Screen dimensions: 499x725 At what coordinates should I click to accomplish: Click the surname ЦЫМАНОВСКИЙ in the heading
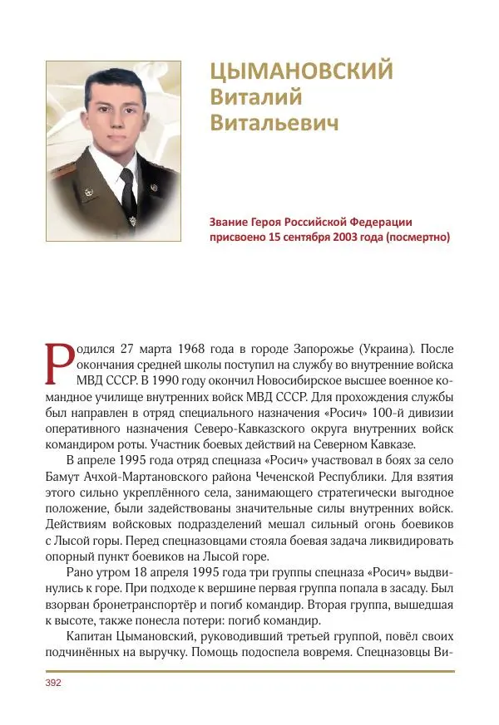pyautogui.click(x=300, y=72)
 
